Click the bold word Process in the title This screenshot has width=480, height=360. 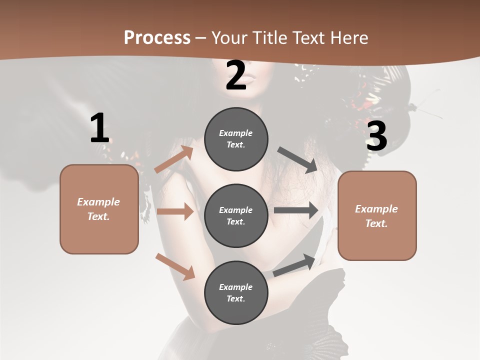coord(157,38)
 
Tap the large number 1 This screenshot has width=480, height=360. coord(99,128)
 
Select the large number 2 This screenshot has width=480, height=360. coord(236,75)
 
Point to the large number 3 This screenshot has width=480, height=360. coord(376,136)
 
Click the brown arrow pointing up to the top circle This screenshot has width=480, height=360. coord(174,159)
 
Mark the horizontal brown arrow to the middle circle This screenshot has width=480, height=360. coord(175,211)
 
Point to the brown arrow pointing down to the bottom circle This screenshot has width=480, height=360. coord(175,266)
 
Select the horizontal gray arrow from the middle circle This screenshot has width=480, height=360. coord(296,210)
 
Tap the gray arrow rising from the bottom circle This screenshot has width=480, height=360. coord(294,264)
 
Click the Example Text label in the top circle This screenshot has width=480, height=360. coord(236,139)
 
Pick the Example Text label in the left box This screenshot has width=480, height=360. coord(98,209)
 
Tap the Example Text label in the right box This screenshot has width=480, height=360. coord(376,216)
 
